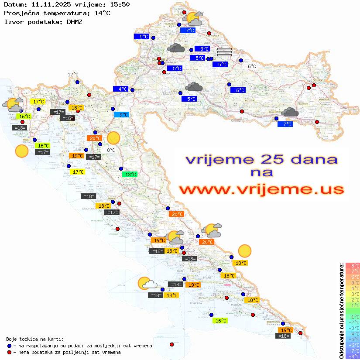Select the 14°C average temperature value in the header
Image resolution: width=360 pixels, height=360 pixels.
coord(102,13)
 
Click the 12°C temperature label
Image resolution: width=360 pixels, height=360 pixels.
coord(73,75)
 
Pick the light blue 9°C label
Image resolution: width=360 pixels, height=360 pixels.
coord(121,115)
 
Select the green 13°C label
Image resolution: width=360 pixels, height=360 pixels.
coord(129,175)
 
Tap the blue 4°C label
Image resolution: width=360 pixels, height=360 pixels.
coord(121,89)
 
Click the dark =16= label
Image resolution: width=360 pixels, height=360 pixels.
coord(67,118)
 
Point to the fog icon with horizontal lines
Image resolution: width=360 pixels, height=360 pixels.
coord(224,52)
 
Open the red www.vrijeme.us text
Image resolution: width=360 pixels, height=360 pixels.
coord(261,189)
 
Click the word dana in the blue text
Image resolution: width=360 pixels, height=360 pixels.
coord(313,159)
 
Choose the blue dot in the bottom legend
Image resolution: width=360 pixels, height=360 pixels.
coord(9,346)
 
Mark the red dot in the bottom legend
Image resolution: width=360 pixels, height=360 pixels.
coord(9,352)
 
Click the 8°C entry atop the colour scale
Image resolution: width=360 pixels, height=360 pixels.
coord(353,266)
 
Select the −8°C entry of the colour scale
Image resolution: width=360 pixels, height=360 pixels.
coord(353,356)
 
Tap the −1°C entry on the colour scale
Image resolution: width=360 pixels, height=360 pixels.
coord(353,316)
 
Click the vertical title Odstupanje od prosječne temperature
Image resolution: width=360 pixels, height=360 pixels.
coord(341,311)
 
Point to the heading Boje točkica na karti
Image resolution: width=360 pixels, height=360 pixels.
coord(35,339)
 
